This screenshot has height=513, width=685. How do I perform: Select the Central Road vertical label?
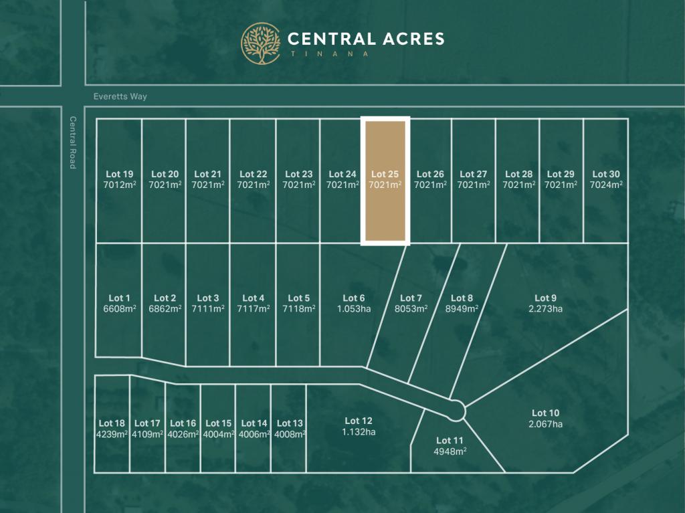coord(73,142)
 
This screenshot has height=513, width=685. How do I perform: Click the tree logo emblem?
coord(261,43)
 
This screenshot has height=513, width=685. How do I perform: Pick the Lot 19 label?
coord(119,175)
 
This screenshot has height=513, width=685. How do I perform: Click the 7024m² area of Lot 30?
coord(605,185)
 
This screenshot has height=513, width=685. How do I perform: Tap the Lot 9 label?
coord(545,298)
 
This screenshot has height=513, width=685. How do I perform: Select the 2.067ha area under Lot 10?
coord(545,424)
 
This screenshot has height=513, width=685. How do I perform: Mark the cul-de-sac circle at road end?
coord(457,409)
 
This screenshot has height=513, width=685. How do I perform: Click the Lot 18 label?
coord(112,423)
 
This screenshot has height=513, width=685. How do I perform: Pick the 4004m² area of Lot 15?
coord(218,434)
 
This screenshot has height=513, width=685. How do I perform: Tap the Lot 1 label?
coord(119,298)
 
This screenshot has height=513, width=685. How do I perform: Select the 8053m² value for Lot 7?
coord(411,309)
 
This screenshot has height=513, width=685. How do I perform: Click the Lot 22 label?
coord(253,175)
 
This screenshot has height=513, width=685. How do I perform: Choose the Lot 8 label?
coord(462,298)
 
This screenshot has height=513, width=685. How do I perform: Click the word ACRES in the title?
coord(405,39)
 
